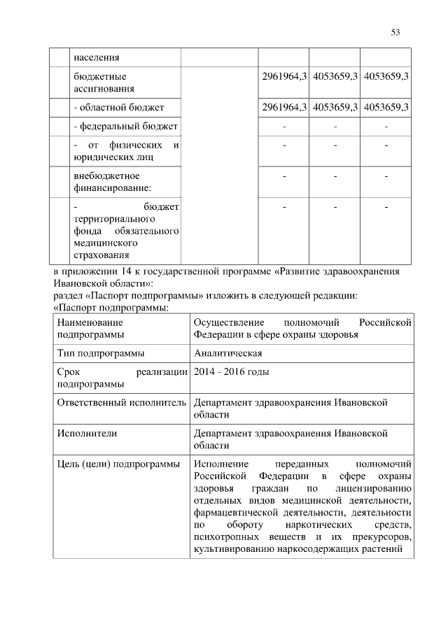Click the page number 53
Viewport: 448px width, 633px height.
(395, 32)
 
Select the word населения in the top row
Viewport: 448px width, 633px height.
(96, 57)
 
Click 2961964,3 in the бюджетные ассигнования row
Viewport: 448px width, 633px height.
(284, 76)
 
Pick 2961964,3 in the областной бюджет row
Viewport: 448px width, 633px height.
(284, 107)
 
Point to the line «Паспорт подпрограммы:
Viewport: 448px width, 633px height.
(111, 307)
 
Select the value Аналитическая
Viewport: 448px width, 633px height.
(227, 353)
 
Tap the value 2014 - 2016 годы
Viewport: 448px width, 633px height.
(231, 372)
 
